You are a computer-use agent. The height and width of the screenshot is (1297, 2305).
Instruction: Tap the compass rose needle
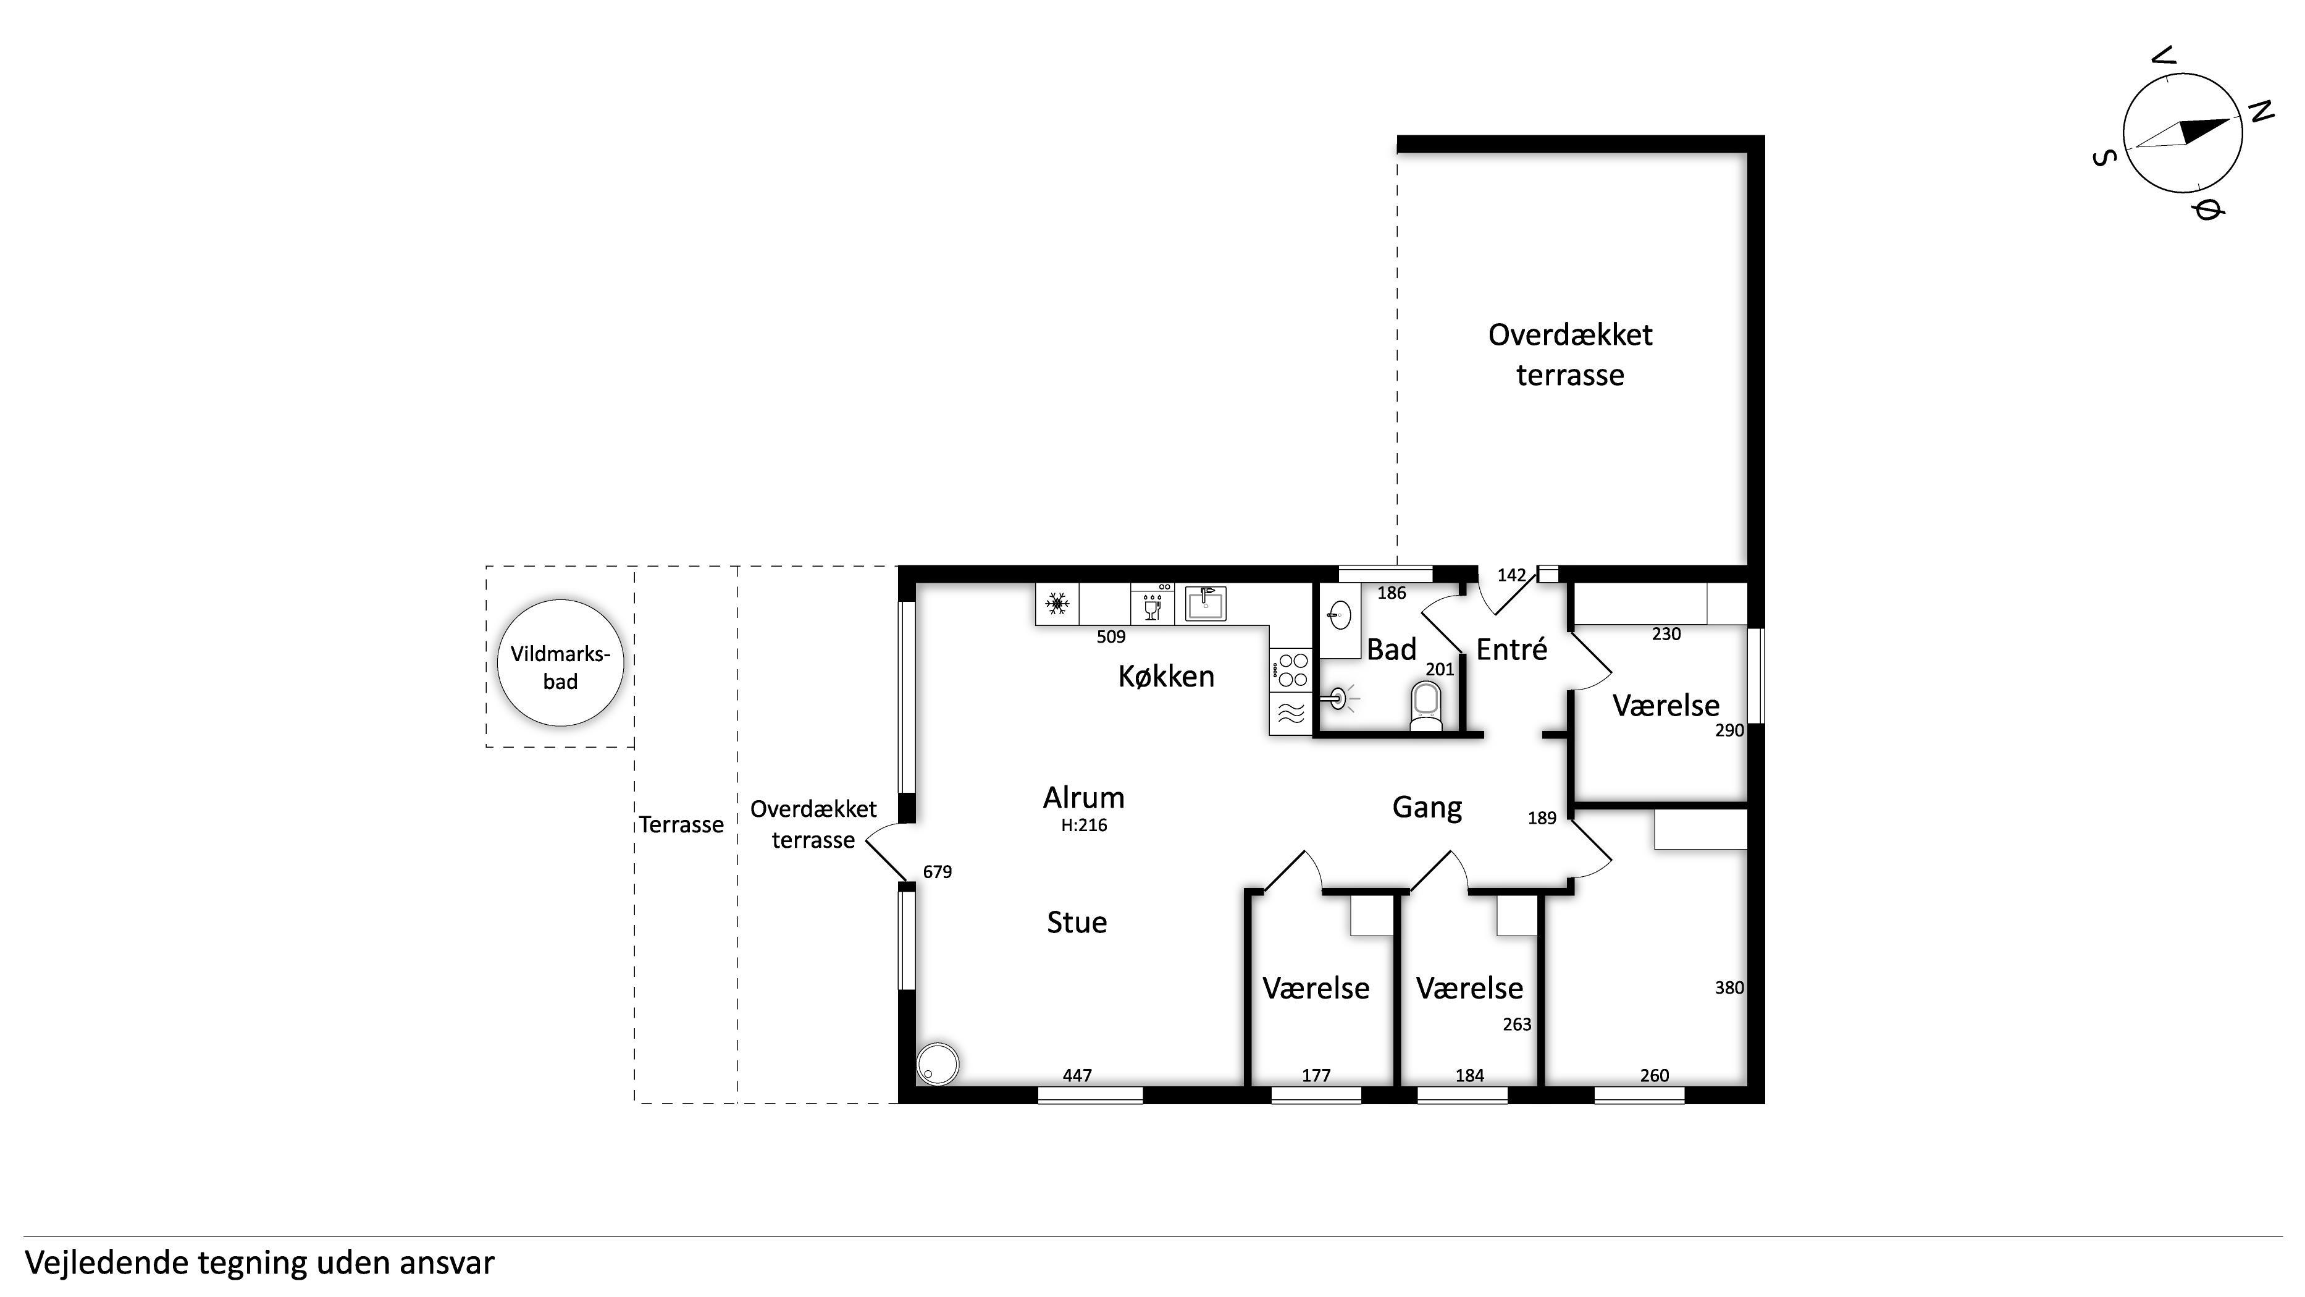2183,133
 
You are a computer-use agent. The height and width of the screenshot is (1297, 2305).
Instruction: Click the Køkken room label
1166,677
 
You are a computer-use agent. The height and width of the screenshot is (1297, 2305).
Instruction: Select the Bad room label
1392,649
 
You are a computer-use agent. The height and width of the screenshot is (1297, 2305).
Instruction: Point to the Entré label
1511,649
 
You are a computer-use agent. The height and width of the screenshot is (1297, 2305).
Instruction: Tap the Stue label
1077,922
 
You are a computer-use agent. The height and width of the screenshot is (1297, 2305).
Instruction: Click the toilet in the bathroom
1425,706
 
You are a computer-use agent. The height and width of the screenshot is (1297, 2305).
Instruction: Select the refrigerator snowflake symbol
1057,604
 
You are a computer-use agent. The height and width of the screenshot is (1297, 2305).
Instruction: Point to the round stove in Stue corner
938,1063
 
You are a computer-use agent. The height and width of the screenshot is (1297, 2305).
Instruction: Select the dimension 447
1077,1075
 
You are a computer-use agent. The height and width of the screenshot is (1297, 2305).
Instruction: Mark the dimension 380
1729,988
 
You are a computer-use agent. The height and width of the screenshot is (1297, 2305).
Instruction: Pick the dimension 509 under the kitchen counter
1111,636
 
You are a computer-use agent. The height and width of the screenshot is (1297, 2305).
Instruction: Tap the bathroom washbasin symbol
1340,615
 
